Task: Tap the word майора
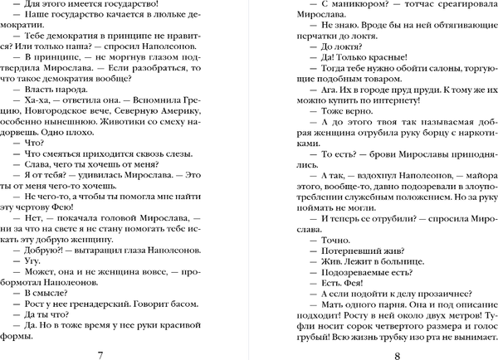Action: tap(461, 196)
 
